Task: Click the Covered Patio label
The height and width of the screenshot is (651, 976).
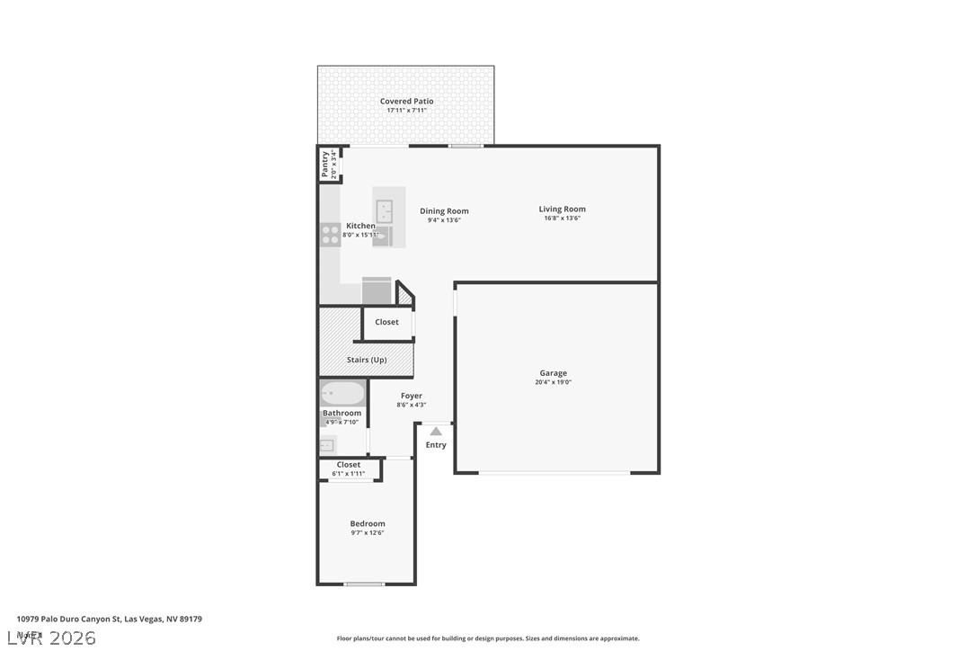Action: point(406,102)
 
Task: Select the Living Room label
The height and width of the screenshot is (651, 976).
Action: point(562,210)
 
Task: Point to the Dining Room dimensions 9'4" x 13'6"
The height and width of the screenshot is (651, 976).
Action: point(444,220)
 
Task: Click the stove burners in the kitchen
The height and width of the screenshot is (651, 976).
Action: point(330,235)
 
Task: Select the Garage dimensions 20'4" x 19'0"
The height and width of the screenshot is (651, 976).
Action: point(553,382)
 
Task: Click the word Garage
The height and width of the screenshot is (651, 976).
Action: point(553,373)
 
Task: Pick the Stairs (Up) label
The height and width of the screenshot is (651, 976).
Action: point(367,361)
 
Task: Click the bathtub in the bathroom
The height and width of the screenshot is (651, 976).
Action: point(343,394)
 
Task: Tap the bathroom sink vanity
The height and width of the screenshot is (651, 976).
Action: point(327,444)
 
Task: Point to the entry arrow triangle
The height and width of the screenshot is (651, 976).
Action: point(436,432)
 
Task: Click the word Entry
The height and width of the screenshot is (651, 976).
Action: point(436,445)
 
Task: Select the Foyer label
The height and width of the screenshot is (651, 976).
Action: point(412,396)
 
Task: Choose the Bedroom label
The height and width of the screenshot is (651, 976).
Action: point(368,523)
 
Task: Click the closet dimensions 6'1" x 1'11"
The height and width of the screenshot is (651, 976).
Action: point(349,474)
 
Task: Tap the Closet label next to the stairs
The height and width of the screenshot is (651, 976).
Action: point(386,322)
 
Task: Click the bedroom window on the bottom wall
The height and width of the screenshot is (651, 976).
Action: point(365,584)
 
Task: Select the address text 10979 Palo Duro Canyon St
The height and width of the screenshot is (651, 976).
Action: point(69,619)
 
